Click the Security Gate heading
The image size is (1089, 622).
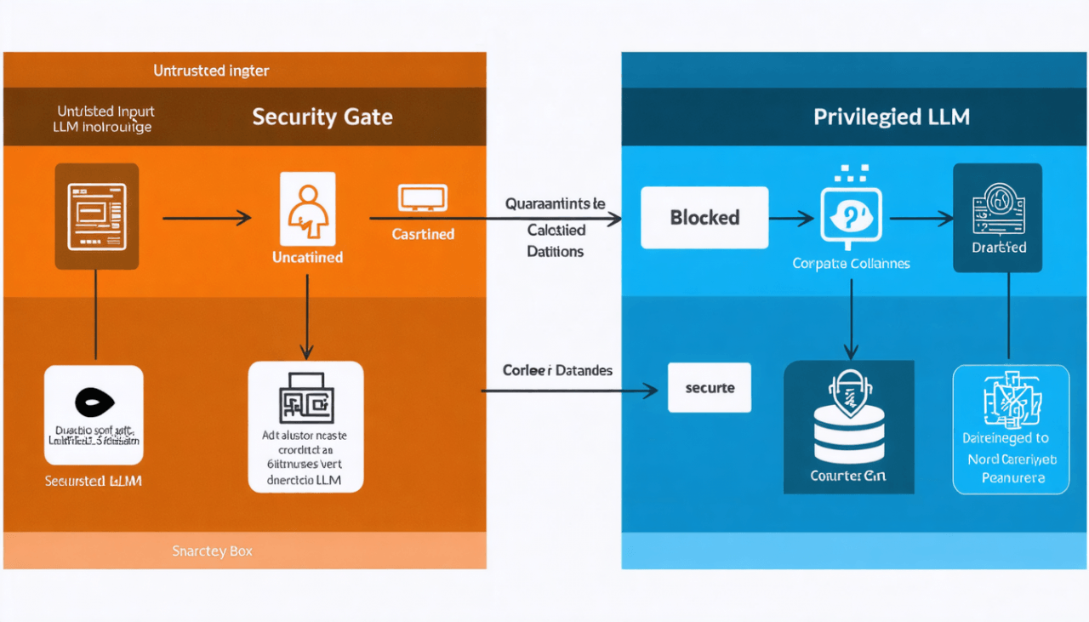point(322,117)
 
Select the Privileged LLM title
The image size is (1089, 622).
point(892,117)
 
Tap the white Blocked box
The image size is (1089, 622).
point(704,218)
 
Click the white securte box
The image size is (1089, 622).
point(710,388)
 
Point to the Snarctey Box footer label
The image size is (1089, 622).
point(212,551)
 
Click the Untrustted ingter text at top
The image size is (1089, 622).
point(212,71)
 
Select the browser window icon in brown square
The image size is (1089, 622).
point(96,216)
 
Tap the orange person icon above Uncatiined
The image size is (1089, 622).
point(306,209)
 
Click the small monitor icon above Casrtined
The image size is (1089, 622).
point(422,199)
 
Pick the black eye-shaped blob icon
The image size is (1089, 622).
point(93,401)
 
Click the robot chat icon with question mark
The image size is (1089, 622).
point(851,216)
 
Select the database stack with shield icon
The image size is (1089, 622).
point(849,417)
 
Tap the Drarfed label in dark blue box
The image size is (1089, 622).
point(999,248)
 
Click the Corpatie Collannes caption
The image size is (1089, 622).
point(851,264)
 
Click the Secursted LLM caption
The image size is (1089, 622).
point(93,482)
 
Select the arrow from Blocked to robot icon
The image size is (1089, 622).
point(791,219)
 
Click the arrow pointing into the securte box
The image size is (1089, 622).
point(570,391)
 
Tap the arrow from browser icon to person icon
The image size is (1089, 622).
point(207,219)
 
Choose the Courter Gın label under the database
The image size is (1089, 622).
point(848,476)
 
